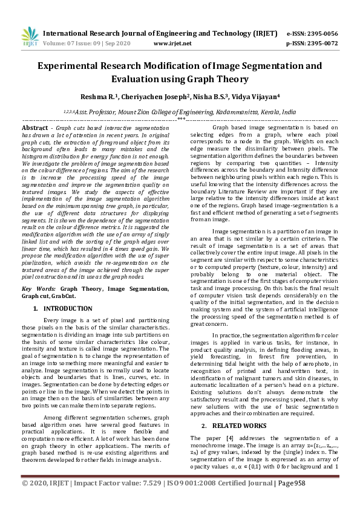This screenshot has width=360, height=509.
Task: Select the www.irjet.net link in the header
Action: tap(172, 44)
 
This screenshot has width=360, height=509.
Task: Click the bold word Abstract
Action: tap(34, 129)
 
